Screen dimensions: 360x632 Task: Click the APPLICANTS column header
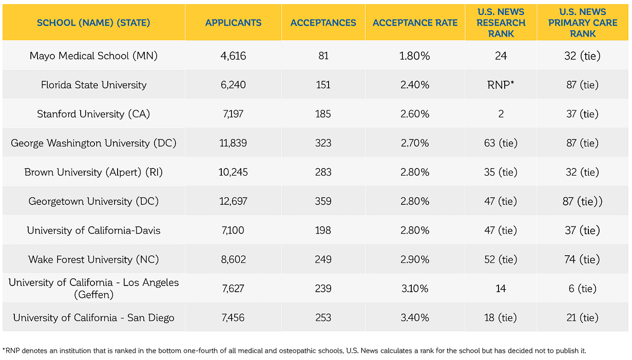pyautogui.click(x=233, y=23)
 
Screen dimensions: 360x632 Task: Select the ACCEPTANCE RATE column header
pyautogui.click(x=415, y=23)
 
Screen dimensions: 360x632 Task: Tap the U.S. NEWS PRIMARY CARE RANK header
pyautogui.click(x=583, y=23)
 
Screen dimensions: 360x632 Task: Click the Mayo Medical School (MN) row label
pyautogui.click(x=93, y=56)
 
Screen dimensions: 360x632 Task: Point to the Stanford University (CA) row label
pyautogui.click(x=93, y=114)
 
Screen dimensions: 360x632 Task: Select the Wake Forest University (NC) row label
pyautogui.click(x=93, y=259)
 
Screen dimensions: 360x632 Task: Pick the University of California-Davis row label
pyautogui.click(x=93, y=231)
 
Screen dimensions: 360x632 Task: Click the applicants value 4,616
pyautogui.click(x=233, y=56)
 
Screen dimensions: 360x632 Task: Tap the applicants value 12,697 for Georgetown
pyautogui.click(x=233, y=201)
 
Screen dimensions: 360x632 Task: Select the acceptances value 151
pyautogui.click(x=323, y=85)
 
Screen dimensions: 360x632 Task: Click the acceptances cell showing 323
pyautogui.click(x=323, y=143)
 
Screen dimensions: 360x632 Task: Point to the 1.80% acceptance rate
pyautogui.click(x=415, y=56)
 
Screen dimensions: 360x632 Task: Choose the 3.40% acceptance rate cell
pyautogui.click(x=415, y=318)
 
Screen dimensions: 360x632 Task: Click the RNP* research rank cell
pyautogui.click(x=501, y=85)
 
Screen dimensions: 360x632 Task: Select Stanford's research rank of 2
pyautogui.click(x=501, y=114)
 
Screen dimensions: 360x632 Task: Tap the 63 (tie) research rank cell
pyautogui.click(x=501, y=143)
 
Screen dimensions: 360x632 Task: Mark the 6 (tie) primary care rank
pyautogui.click(x=583, y=289)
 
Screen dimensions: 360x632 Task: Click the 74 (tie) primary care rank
pyautogui.click(x=583, y=259)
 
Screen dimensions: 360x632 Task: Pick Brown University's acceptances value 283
pyautogui.click(x=323, y=172)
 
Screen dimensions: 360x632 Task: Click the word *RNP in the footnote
pyautogui.click(x=10, y=351)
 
